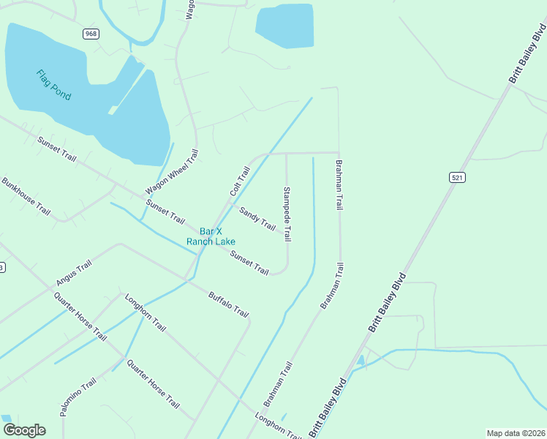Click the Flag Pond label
pos(54,85)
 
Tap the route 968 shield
pos(91,34)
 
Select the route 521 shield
pos(458,178)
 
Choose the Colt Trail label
pos(240,181)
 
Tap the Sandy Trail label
pos(257,218)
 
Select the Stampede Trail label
pos(287,214)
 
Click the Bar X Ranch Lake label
pos(211,236)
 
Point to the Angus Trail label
pos(73,273)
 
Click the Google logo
pos(24,430)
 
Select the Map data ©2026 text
pos(516,433)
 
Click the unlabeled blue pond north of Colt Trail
pos(284,26)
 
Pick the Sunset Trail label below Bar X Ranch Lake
pos(249,263)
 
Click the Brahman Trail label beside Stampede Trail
pos(339,185)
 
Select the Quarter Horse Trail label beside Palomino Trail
pos(153,383)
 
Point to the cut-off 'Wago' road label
pos(189,10)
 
